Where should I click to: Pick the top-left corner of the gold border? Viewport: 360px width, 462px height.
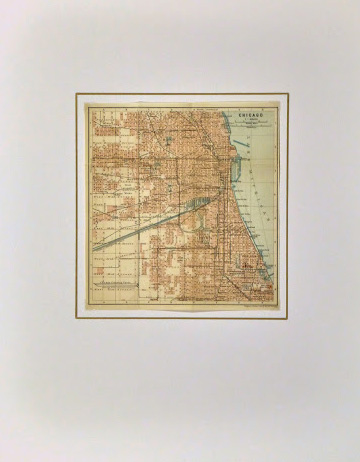[x=76, y=93]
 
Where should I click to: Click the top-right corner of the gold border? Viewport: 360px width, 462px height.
[x=288, y=93]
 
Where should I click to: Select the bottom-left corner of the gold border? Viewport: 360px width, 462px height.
[x=76, y=319]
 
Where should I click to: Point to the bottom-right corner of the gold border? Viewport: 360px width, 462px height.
[x=288, y=319]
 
